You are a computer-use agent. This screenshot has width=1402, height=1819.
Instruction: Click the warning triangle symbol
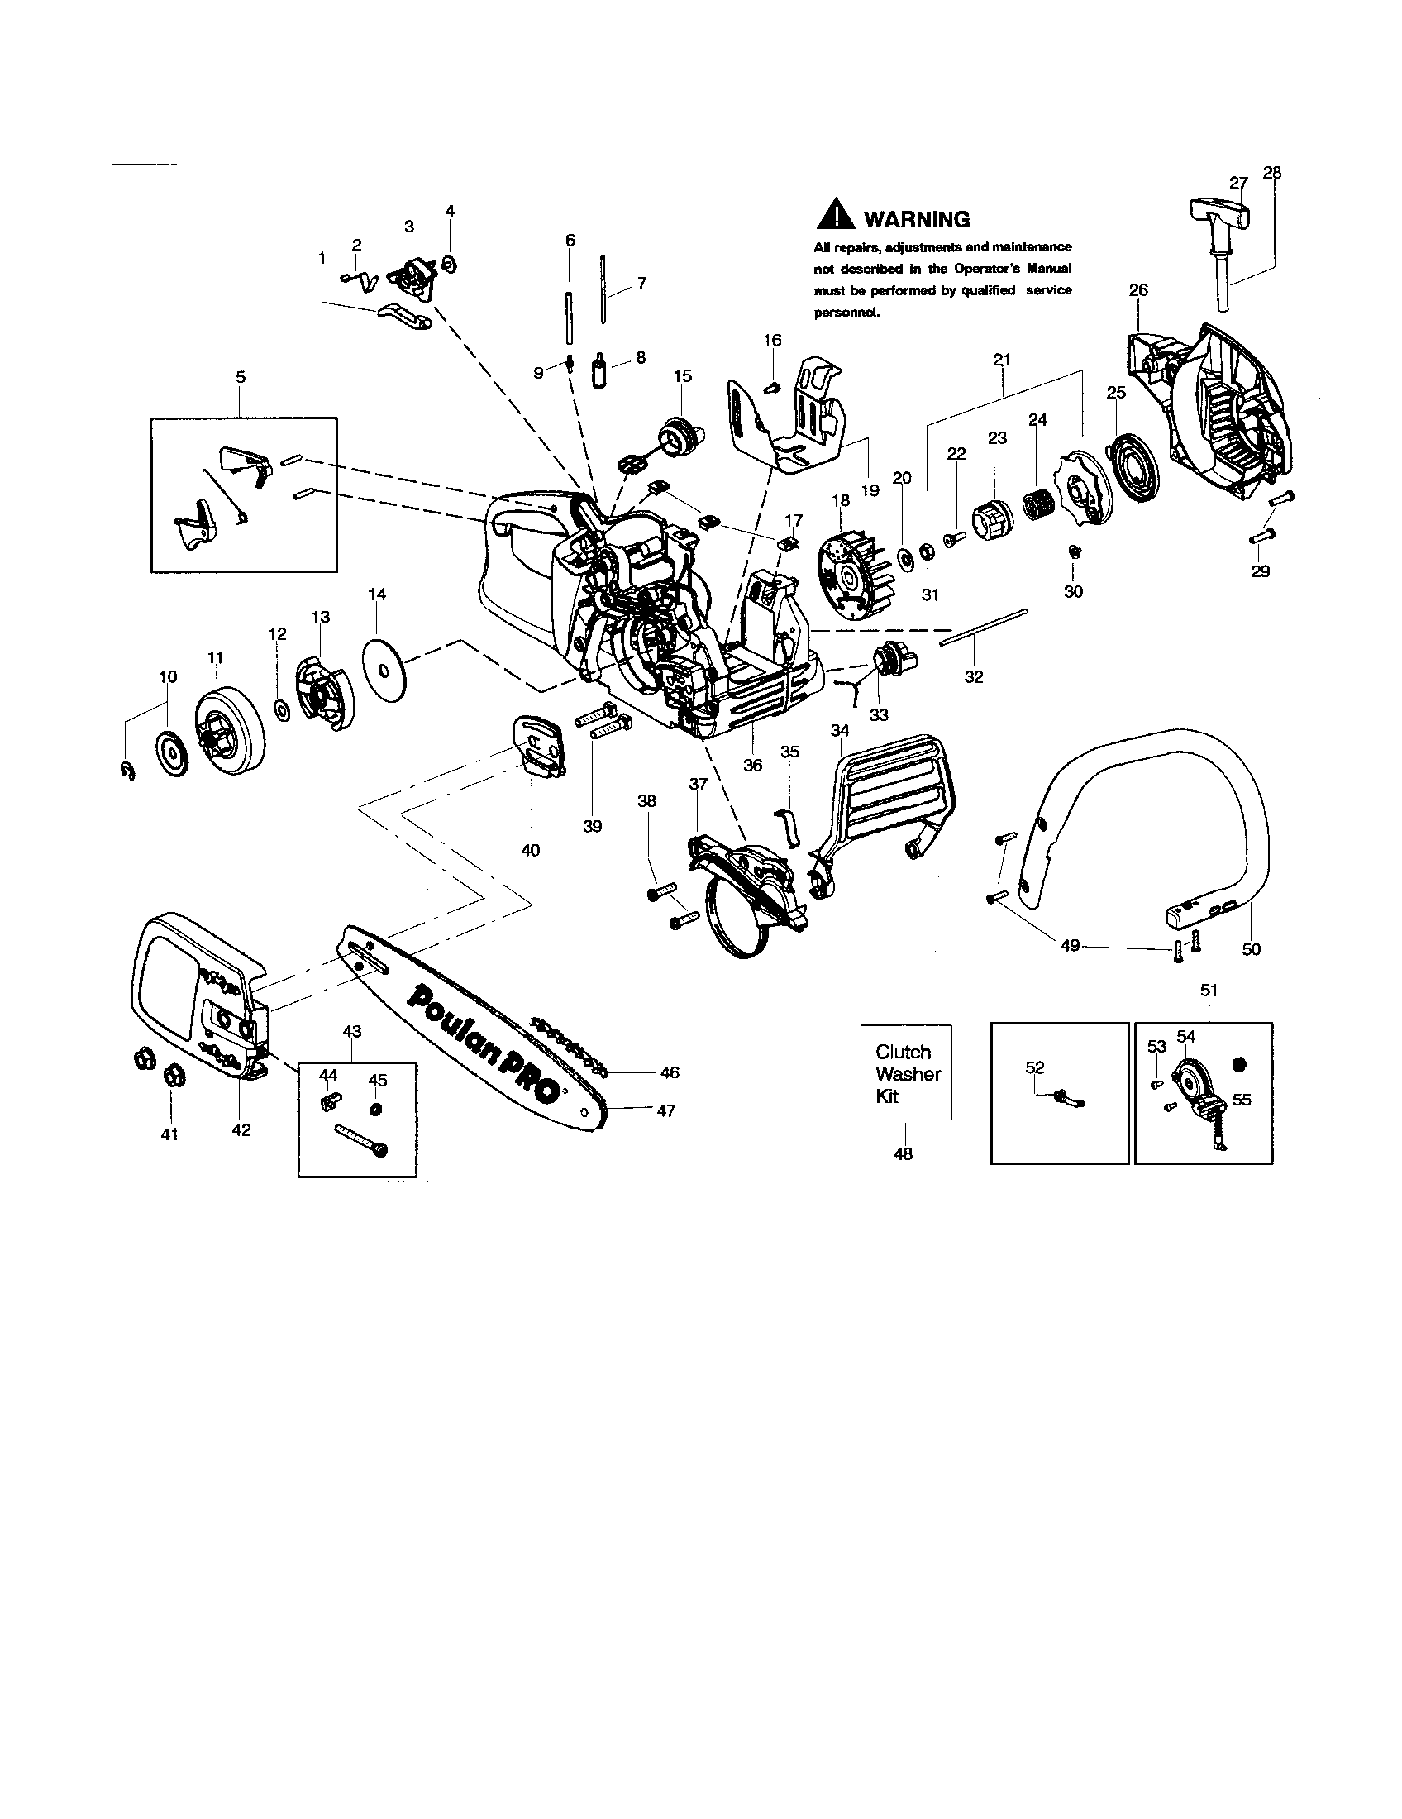coord(835,216)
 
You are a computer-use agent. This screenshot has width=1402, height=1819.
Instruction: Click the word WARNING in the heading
coord(917,220)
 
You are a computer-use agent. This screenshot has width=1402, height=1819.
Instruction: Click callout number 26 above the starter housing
coord(1138,290)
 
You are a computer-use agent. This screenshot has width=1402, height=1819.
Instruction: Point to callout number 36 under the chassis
coord(751,765)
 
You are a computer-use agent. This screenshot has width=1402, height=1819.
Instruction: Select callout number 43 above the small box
coord(352,1031)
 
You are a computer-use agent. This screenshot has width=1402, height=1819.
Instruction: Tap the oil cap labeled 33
coord(893,661)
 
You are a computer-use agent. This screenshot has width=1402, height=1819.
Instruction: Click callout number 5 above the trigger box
coord(241,376)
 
